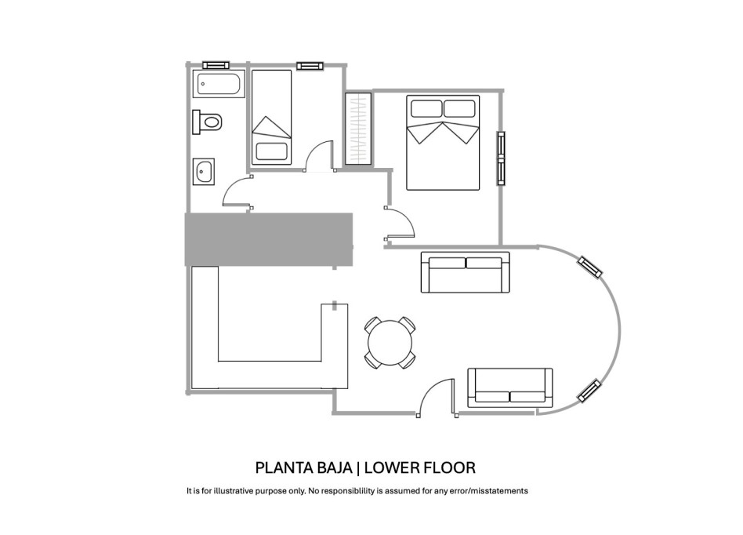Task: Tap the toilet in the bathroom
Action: coord(208,122)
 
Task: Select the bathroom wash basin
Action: coord(204,171)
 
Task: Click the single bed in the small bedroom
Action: coord(271,117)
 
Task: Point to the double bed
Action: coord(443,143)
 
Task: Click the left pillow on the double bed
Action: coord(426,108)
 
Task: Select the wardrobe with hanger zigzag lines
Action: coord(358,129)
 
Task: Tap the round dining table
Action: coord(390,343)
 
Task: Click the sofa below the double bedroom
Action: coord(466,272)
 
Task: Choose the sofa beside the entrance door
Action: coord(510,388)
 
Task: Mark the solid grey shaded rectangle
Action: coord(269,239)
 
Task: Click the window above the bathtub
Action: coord(216,65)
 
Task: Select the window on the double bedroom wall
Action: coord(501,158)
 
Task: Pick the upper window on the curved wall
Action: coord(590,267)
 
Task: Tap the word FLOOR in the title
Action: coord(449,468)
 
